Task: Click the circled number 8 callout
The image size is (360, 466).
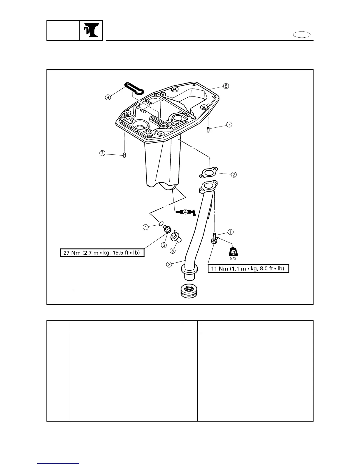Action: [226, 86]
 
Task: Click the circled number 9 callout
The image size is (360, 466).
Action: [109, 98]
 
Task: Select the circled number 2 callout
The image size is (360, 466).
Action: [234, 174]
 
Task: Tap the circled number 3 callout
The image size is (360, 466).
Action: [169, 264]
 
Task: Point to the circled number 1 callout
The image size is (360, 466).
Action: [231, 232]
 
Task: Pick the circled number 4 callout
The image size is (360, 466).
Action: [146, 227]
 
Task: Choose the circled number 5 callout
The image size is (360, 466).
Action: [173, 251]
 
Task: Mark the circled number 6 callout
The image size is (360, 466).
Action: [164, 245]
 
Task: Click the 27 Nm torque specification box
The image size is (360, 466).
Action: [102, 253]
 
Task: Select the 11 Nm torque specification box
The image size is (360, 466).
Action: [248, 268]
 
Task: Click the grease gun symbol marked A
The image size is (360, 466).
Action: [186, 212]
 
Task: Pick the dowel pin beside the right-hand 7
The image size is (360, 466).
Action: [208, 130]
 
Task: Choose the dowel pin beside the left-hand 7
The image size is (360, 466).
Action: [124, 155]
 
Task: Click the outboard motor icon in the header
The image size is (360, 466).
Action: [91, 31]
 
